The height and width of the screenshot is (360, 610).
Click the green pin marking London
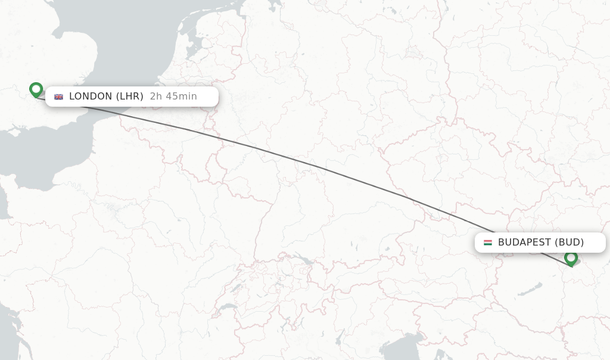pos(36,89)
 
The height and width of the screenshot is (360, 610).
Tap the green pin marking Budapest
pos(571,258)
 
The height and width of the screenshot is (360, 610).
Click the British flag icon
pos(58,97)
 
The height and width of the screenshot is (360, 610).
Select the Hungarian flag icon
pos(487,243)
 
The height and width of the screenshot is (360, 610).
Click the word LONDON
pos(91,97)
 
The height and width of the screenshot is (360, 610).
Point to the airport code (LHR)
pos(129,97)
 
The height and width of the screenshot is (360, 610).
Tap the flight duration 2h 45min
pos(173,97)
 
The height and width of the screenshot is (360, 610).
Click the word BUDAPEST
pos(524,243)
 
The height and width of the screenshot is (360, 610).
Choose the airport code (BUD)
pos(569,243)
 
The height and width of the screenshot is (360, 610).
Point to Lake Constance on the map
pos(304,260)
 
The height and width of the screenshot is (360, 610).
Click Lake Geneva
pos(227,307)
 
